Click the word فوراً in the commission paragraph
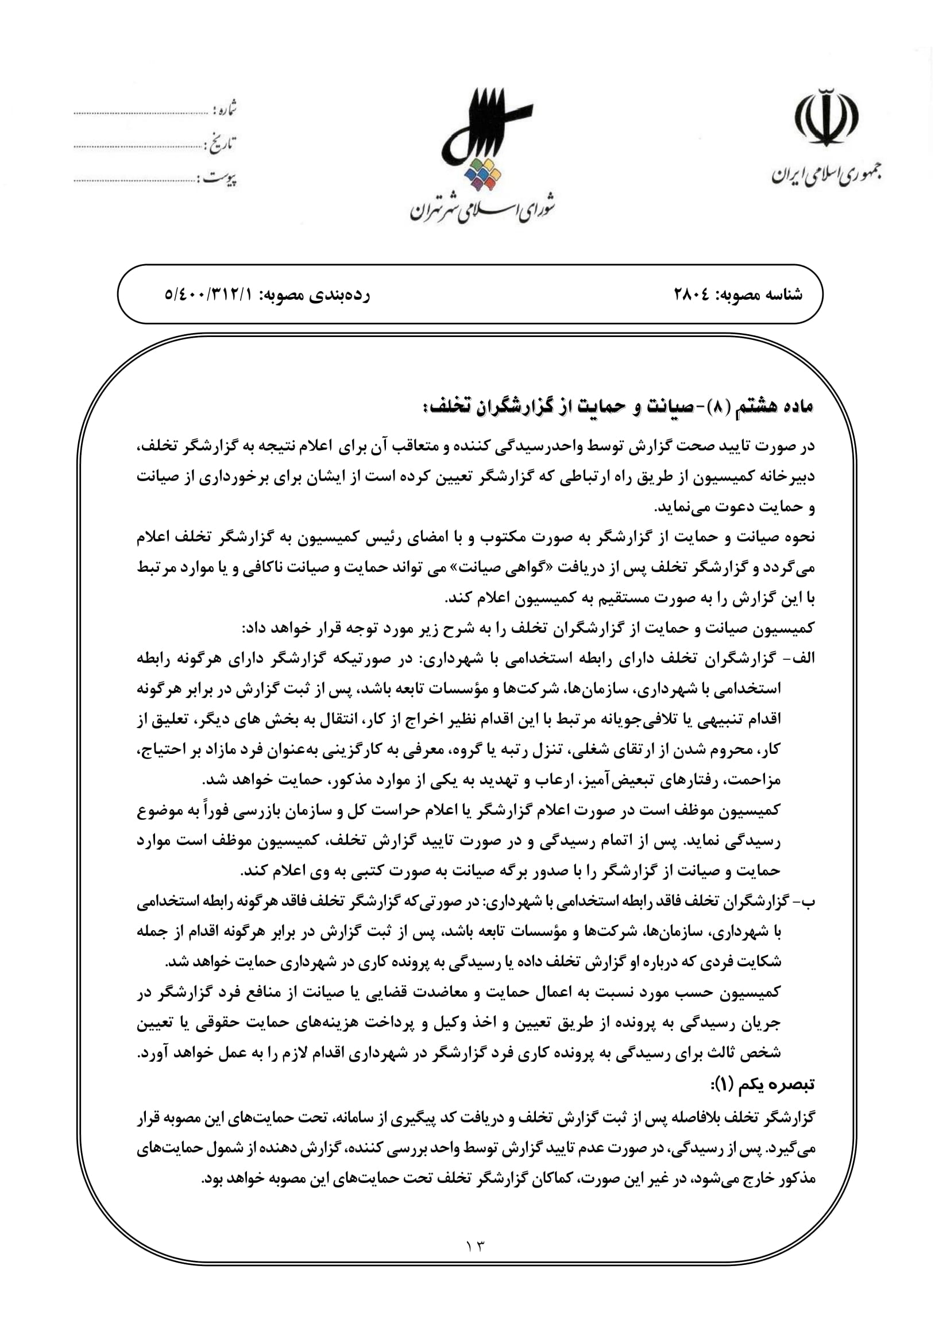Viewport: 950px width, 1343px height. point(607,811)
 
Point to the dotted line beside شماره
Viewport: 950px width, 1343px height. point(140,111)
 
